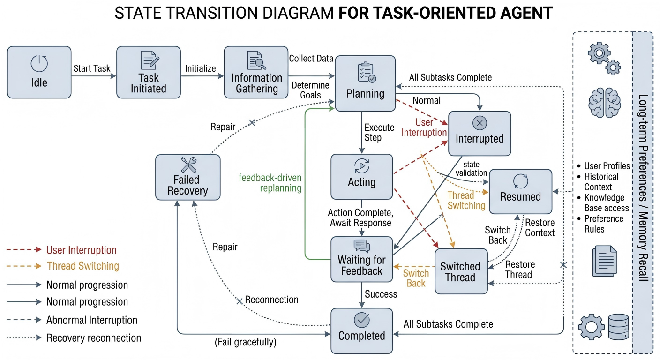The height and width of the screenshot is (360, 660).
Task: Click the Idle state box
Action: tap(39, 72)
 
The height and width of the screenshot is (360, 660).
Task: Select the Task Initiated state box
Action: tap(149, 72)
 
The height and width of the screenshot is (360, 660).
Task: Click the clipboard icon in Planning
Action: tap(367, 72)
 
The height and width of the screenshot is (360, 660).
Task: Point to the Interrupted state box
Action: tap(480, 134)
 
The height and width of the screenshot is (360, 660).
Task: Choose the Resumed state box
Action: tap(521, 192)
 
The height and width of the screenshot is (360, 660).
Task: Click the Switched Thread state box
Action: tap(461, 271)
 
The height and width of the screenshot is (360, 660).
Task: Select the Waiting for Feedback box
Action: tap(362, 260)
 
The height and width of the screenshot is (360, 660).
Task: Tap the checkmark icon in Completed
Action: tap(362, 320)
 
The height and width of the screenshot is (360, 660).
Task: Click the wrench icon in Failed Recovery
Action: tap(189, 165)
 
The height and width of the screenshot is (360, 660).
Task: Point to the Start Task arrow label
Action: tap(91, 68)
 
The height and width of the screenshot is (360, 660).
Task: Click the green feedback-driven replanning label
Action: tap(270, 183)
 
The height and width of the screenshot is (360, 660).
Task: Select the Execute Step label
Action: tap(379, 132)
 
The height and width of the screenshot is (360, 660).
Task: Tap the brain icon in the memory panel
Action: tap(605, 103)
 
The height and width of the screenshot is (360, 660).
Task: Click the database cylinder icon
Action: tap(618, 327)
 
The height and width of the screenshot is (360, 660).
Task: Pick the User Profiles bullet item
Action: tap(607, 166)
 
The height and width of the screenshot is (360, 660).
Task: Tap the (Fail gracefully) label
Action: tap(246, 342)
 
